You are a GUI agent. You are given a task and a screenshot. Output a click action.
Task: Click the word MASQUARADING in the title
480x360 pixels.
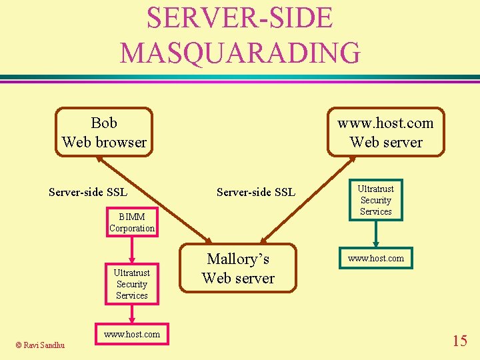click(x=240, y=52)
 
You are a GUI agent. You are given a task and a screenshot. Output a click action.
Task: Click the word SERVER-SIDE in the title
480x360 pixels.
click(x=239, y=18)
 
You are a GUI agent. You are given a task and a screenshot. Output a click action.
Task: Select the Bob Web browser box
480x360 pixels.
click(x=104, y=132)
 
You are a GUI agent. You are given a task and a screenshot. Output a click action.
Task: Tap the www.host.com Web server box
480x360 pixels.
click(x=386, y=132)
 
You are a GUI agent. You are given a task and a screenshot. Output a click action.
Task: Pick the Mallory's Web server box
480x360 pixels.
click(x=238, y=268)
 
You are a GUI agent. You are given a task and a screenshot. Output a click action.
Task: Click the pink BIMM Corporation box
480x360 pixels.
click(x=132, y=222)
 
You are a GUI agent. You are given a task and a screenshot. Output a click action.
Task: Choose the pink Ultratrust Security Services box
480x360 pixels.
click(x=132, y=284)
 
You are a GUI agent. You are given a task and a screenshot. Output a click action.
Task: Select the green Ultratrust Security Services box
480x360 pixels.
click(x=376, y=200)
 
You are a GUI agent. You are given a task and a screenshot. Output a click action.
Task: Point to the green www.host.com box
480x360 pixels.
click(x=376, y=258)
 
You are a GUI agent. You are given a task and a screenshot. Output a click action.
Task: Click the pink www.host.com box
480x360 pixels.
click(x=132, y=334)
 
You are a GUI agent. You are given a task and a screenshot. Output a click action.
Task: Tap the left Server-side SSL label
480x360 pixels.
click(x=88, y=193)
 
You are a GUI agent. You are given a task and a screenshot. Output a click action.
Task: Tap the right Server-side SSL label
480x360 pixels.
click(x=256, y=193)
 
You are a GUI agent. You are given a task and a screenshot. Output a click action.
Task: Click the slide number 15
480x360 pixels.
click(x=459, y=341)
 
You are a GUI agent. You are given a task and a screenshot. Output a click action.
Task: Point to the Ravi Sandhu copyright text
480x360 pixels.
click(x=40, y=345)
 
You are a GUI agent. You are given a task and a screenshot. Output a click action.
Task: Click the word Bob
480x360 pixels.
click(x=104, y=123)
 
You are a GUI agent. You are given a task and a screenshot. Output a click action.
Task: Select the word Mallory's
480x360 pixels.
click(x=238, y=259)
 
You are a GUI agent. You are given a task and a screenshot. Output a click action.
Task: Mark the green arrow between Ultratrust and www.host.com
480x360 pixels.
click(x=376, y=234)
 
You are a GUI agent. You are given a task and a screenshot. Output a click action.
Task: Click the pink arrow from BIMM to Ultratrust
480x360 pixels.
click(x=132, y=249)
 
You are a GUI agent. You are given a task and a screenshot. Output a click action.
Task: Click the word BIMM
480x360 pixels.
click(x=132, y=216)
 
